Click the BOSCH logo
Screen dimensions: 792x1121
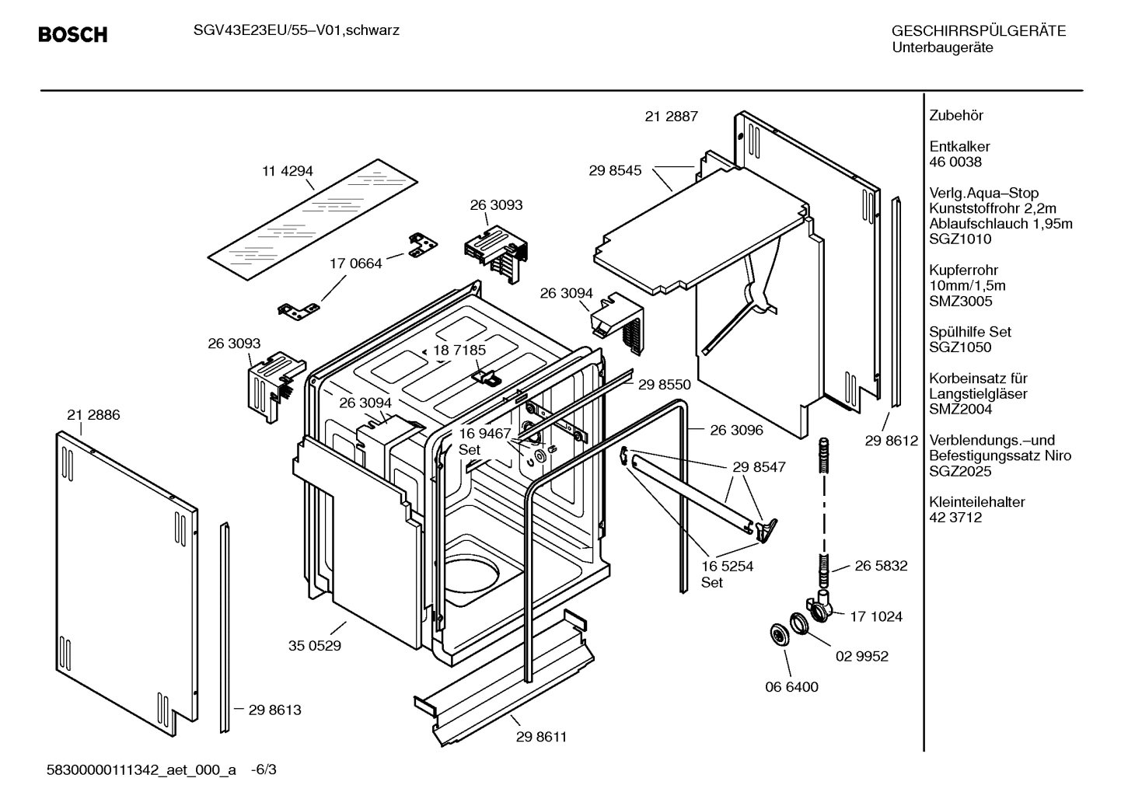(72, 35)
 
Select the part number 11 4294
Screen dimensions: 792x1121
(288, 171)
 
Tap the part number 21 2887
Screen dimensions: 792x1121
(672, 117)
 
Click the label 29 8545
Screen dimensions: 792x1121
(615, 170)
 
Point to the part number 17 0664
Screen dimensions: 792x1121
(356, 263)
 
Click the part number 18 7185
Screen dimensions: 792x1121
(459, 350)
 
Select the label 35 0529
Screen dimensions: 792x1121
(315, 645)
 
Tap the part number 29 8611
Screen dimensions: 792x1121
(541, 737)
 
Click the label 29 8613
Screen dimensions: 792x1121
(274, 710)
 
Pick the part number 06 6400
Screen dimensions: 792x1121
(791, 687)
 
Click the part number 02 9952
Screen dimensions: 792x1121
(862, 656)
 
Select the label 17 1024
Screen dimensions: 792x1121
(876, 616)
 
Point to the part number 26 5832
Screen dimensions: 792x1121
(881, 566)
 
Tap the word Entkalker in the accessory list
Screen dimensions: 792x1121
(959, 146)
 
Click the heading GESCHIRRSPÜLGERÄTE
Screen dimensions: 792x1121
(979, 31)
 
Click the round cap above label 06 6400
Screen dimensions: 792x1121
(777, 633)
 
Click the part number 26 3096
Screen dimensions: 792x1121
(736, 430)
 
